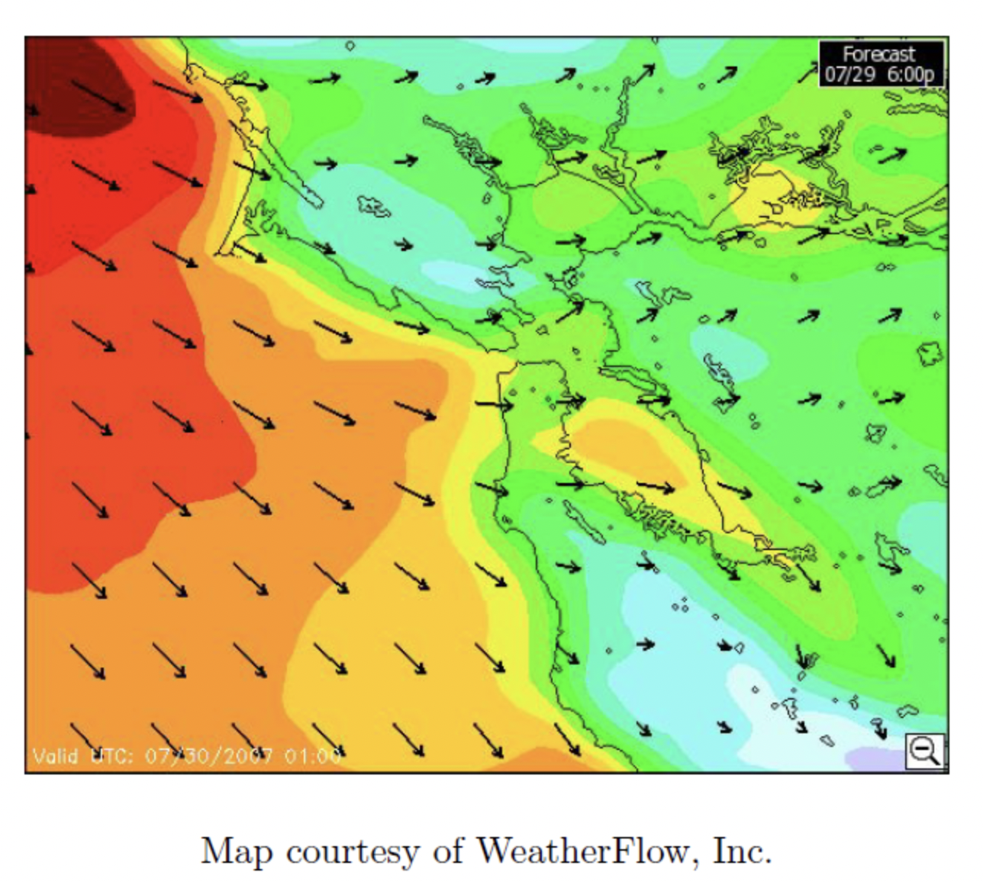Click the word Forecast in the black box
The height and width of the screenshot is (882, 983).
pos(878,55)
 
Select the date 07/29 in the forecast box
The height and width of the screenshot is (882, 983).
pos(849,75)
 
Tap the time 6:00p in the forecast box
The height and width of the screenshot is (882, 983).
pos(910,75)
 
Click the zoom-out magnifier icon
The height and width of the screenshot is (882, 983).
pos(925,751)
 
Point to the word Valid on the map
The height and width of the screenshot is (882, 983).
pos(55,756)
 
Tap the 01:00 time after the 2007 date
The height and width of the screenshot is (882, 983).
pos(313,756)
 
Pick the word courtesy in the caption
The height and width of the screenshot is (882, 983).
pos(352,851)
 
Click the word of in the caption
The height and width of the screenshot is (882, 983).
pos(447,851)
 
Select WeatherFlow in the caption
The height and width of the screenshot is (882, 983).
pos(583,851)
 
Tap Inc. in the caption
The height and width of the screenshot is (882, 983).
pos(741,851)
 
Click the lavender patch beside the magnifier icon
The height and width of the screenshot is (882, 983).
pos(878,759)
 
